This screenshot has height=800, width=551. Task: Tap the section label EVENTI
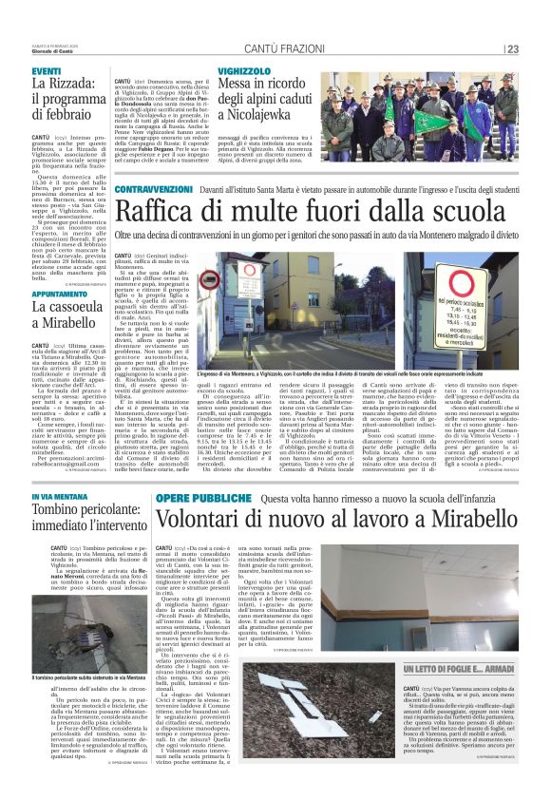click(47, 72)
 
